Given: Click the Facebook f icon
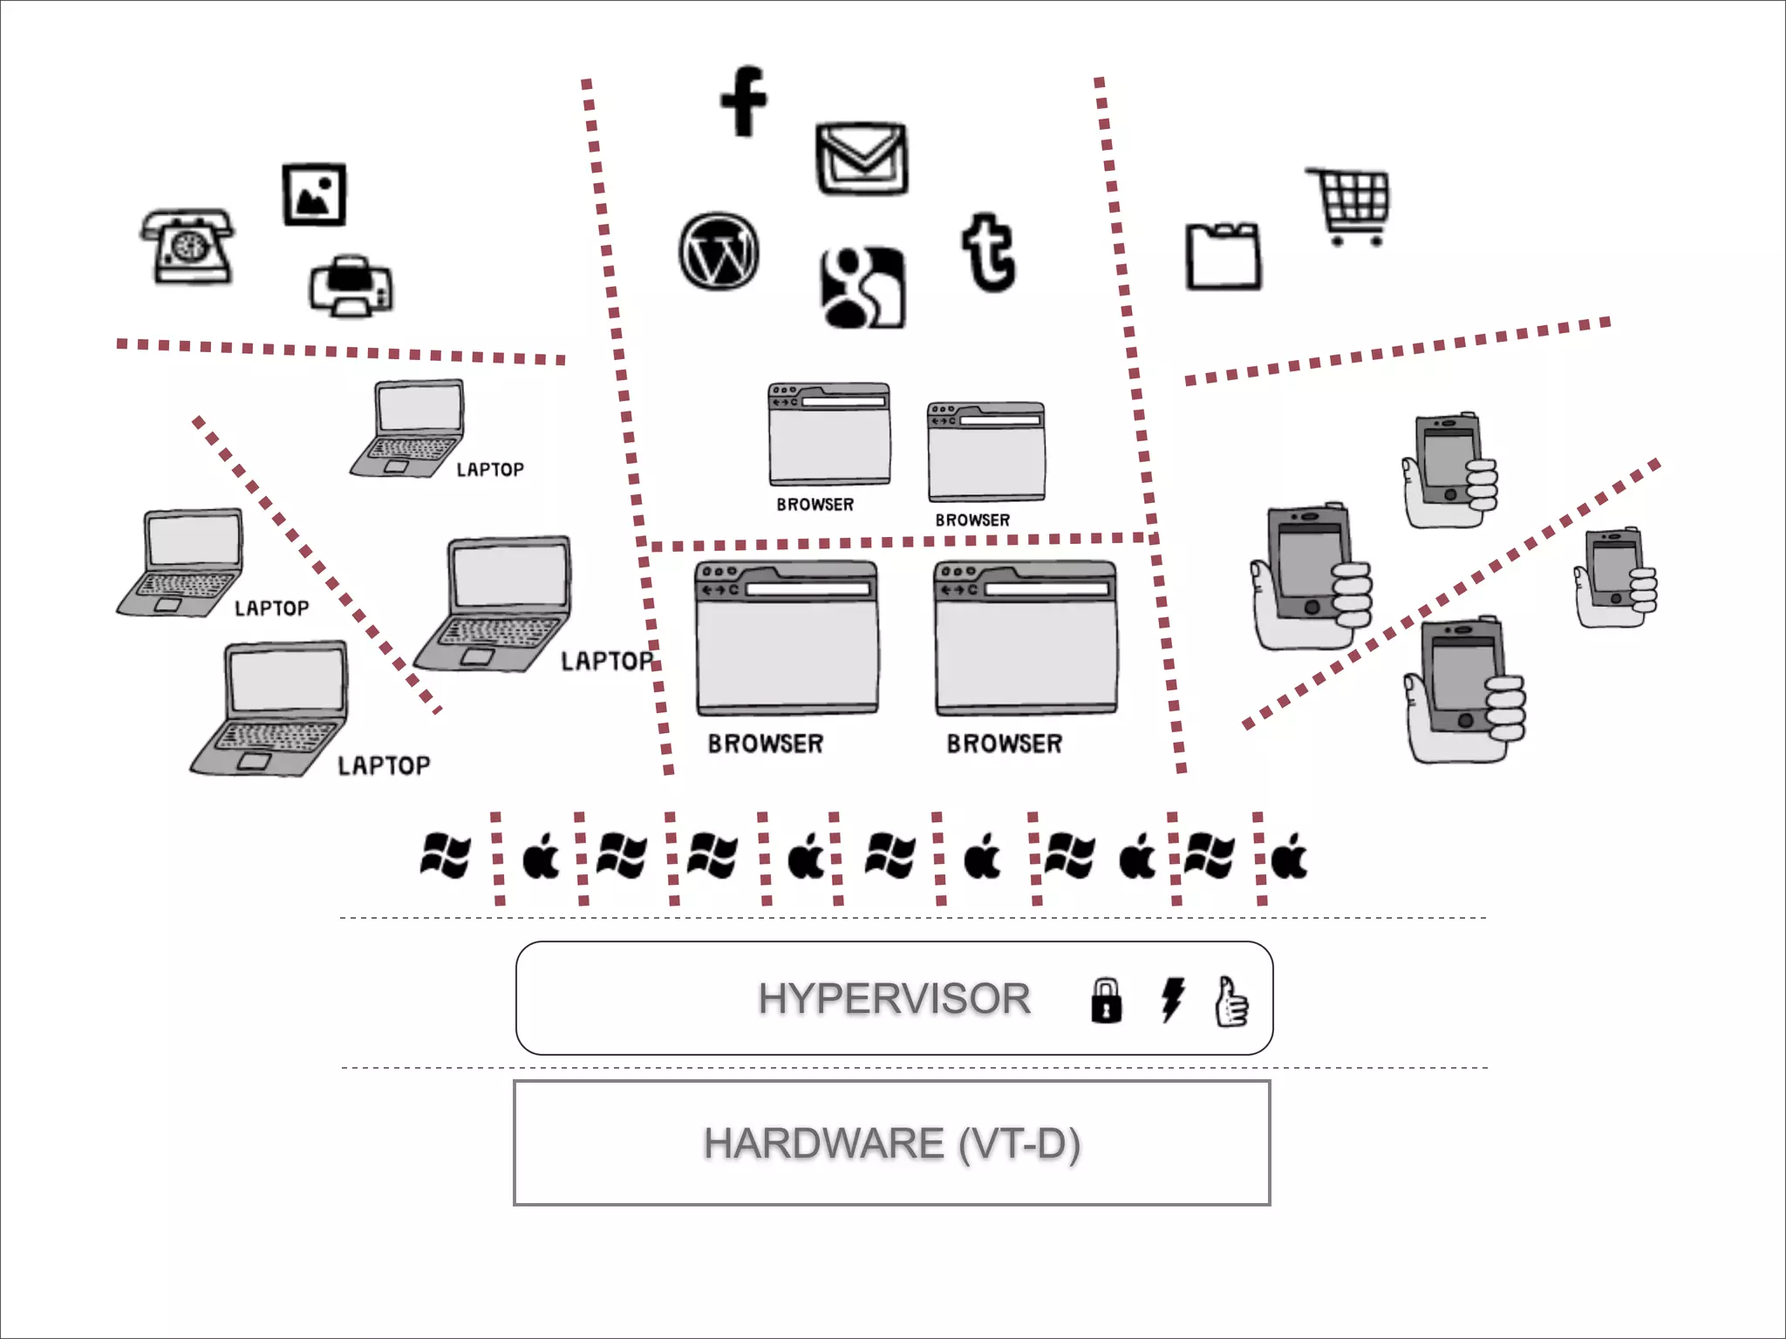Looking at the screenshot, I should coord(744,101).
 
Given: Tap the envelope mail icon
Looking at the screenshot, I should coord(862,159).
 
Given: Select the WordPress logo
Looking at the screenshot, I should coord(719,251).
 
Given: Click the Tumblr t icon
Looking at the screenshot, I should coord(988,253).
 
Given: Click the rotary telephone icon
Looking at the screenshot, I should coord(187,247).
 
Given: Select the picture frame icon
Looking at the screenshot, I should coord(314,194).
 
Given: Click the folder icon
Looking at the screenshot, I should coord(1223,256).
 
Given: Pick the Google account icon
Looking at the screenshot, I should coord(862,288).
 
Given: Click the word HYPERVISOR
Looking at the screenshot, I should coord(894,998).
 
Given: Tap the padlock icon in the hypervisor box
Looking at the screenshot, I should coord(1106,1000).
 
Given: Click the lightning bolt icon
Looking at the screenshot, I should coord(1172,999).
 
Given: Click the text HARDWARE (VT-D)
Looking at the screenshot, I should coord(891,1143).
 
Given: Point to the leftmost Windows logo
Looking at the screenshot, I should coord(445,855).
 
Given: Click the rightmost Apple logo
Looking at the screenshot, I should coord(1289,857).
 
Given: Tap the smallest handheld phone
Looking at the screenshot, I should coord(1616,575).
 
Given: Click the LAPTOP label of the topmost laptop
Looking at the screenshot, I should coord(490,470).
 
